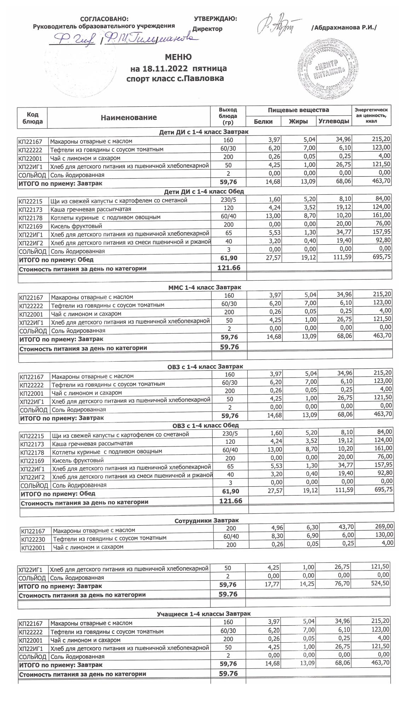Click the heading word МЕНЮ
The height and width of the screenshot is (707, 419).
point(178,57)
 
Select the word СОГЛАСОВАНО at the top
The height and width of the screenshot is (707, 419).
point(104,19)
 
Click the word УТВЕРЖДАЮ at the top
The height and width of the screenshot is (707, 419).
point(216,19)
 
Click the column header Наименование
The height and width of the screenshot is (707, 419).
point(128,117)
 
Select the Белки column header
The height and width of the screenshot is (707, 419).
point(263,121)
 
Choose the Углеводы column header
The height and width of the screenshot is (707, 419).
point(334,121)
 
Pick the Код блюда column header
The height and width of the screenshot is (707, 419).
point(33,118)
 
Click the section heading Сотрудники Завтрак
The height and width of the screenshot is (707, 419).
point(206,520)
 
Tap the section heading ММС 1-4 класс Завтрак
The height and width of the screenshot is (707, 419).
point(205,287)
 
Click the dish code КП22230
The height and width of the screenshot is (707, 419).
point(33,539)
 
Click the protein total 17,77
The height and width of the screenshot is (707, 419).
point(272,584)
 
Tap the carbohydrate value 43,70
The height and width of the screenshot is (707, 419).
point(345,527)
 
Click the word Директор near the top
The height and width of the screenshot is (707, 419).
point(207,29)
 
